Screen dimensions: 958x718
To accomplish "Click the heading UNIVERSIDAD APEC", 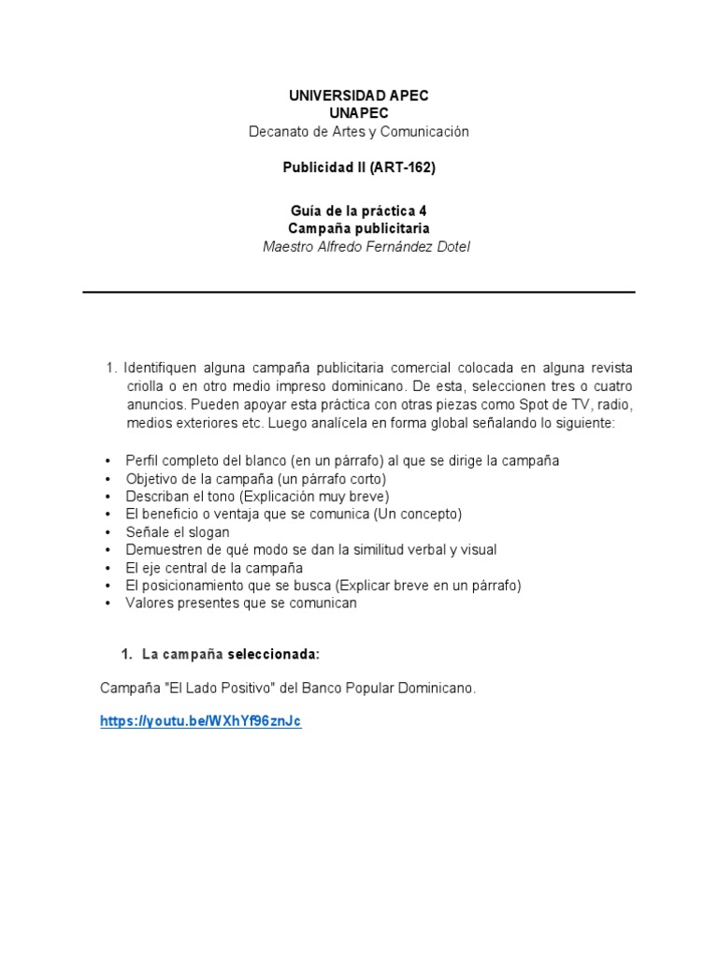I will coord(359,96).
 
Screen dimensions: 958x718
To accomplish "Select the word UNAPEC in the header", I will coord(359,113).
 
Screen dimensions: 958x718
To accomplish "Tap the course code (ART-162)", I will coord(403,168).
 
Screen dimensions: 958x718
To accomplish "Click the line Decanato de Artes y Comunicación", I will coord(359,132).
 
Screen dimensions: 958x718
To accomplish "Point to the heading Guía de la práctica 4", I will coord(359,210).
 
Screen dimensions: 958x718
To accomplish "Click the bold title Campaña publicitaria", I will coord(359,228).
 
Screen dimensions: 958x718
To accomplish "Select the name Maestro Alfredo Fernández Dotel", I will coord(359,247).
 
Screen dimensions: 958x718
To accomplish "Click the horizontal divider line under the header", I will coord(359,292).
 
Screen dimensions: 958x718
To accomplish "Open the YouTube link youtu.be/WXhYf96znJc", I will coord(201,722).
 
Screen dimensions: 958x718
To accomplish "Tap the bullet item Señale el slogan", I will coord(178,532).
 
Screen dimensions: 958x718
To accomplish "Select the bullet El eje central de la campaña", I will coord(214,568).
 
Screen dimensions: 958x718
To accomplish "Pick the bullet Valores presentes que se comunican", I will coord(241,603).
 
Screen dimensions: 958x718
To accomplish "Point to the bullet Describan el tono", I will coord(257,497).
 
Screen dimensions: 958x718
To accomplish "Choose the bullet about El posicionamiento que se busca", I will coord(323,586).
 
